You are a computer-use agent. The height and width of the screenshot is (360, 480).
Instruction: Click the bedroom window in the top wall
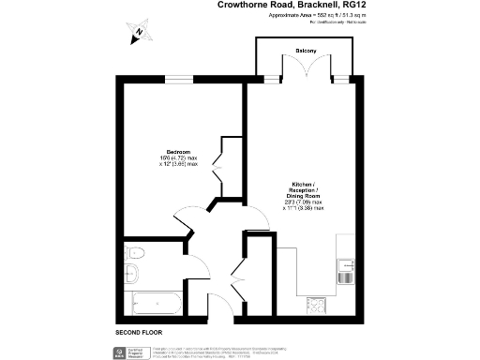(x=178, y=79)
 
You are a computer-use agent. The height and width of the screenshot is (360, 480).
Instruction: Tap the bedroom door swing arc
(x=187, y=217)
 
